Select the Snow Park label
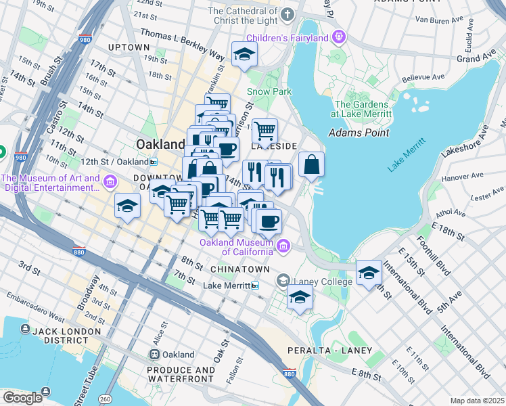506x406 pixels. (x=269, y=91)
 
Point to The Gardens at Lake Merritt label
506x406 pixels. (x=362, y=110)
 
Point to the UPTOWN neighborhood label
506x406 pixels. (x=129, y=47)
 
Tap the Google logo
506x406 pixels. (x=23, y=398)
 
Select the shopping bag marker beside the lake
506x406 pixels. (x=311, y=164)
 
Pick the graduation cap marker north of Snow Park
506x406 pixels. (x=244, y=55)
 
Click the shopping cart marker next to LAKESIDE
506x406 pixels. (x=264, y=129)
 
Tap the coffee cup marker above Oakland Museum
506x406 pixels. (x=269, y=221)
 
